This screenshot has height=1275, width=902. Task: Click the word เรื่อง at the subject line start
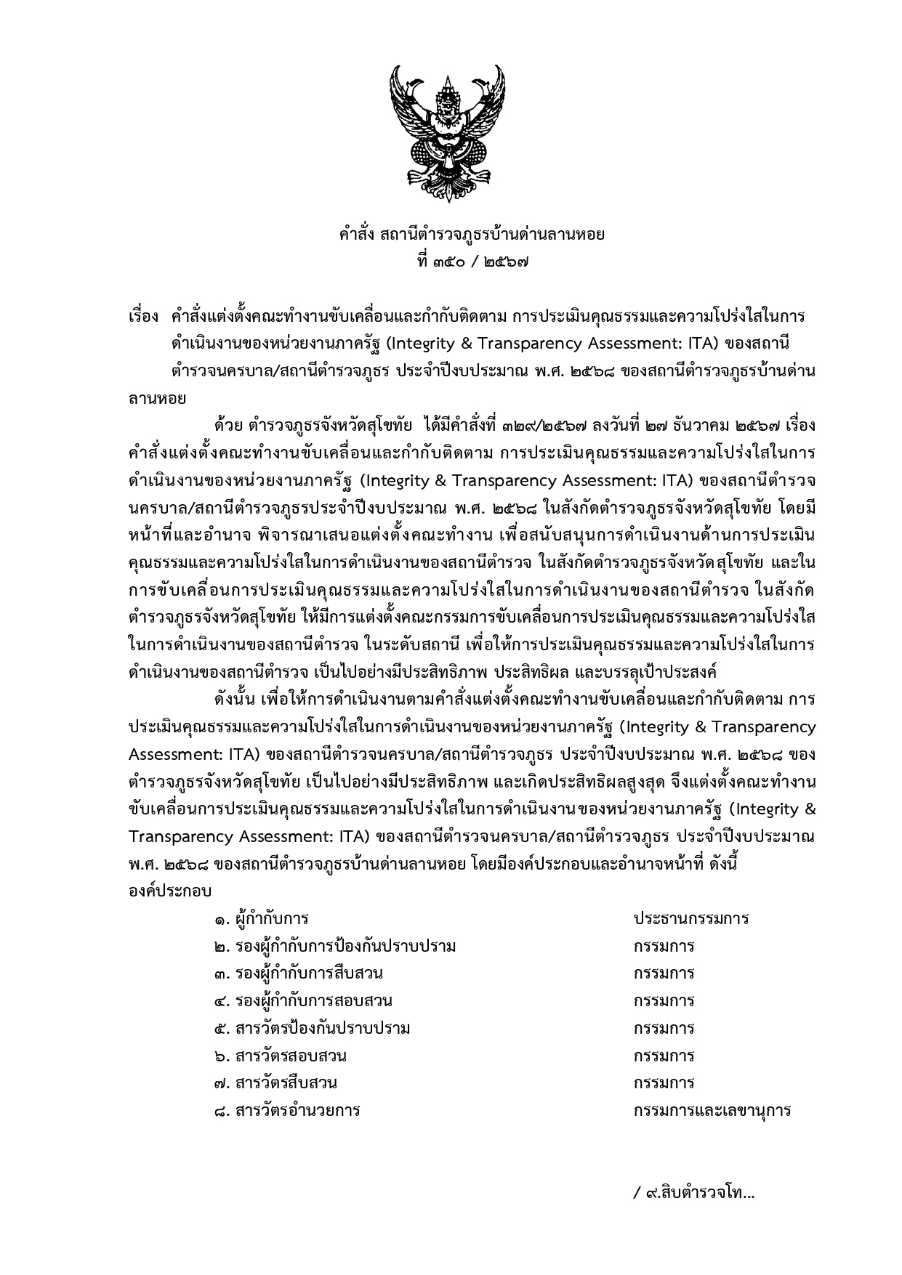coord(142,317)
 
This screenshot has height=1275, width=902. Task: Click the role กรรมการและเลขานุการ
coord(712,1111)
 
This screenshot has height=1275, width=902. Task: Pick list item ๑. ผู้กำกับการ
coord(262,919)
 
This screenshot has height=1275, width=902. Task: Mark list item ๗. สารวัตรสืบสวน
coord(275,1083)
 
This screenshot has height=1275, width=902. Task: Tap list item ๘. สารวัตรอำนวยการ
coord(288,1111)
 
